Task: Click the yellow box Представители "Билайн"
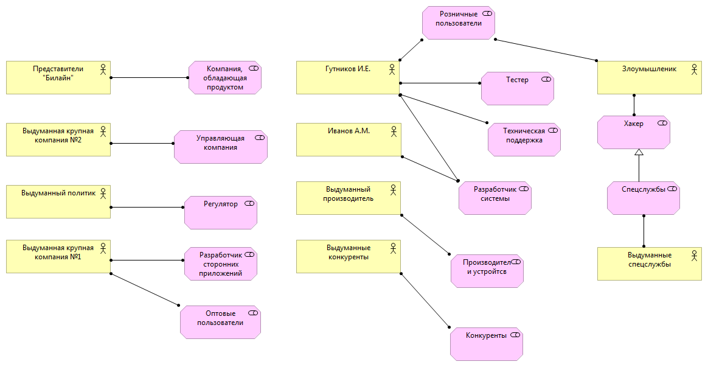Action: pos(58,77)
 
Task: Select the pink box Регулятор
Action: pos(221,212)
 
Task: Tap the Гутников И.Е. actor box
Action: pos(348,77)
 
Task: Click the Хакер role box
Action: pos(633,132)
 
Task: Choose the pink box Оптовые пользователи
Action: pos(220,322)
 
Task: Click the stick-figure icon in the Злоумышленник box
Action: pos(694,69)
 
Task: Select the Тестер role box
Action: pos(517,88)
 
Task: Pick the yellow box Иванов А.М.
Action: pos(348,139)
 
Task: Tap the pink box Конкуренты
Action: pos(486,343)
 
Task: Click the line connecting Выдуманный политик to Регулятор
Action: pos(147,207)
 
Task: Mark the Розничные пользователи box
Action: pos(458,23)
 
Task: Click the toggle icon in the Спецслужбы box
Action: pos(672,189)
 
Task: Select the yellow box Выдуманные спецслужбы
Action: pos(650,264)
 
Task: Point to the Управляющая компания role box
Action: pos(221,147)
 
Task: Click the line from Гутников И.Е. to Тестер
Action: pos(440,83)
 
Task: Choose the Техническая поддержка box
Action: pos(524,139)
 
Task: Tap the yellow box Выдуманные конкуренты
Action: pos(348,256)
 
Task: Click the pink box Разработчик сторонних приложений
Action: pos(221,264)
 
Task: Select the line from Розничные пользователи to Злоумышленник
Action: pos(546,49)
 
